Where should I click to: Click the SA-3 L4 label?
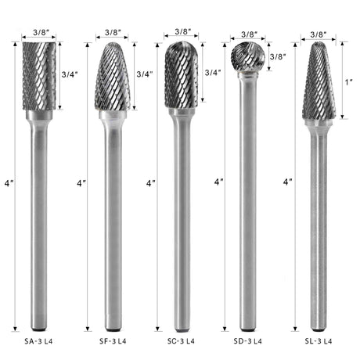pyautogui.click(x=38, y=341)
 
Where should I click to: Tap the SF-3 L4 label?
pyautogui.click(x=113, y=341)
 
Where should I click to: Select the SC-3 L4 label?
pyautogui.click(x=181, y=341)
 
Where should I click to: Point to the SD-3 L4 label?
pyautogui.click(x=248, y=341)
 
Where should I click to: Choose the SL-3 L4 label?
pyautogui.click(x=319, y=341)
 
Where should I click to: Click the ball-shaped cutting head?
pyautogui.click(x=248, y=56)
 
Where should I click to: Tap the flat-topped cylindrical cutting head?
pyautogui.click(x=39, y=76)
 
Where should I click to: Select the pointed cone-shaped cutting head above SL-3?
pyautogui.click(x=319, y=81)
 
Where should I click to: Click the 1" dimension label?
pyautogui.click(x=349, y=82)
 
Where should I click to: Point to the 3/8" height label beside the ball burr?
pyautogui.click(x=278, y=56)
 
